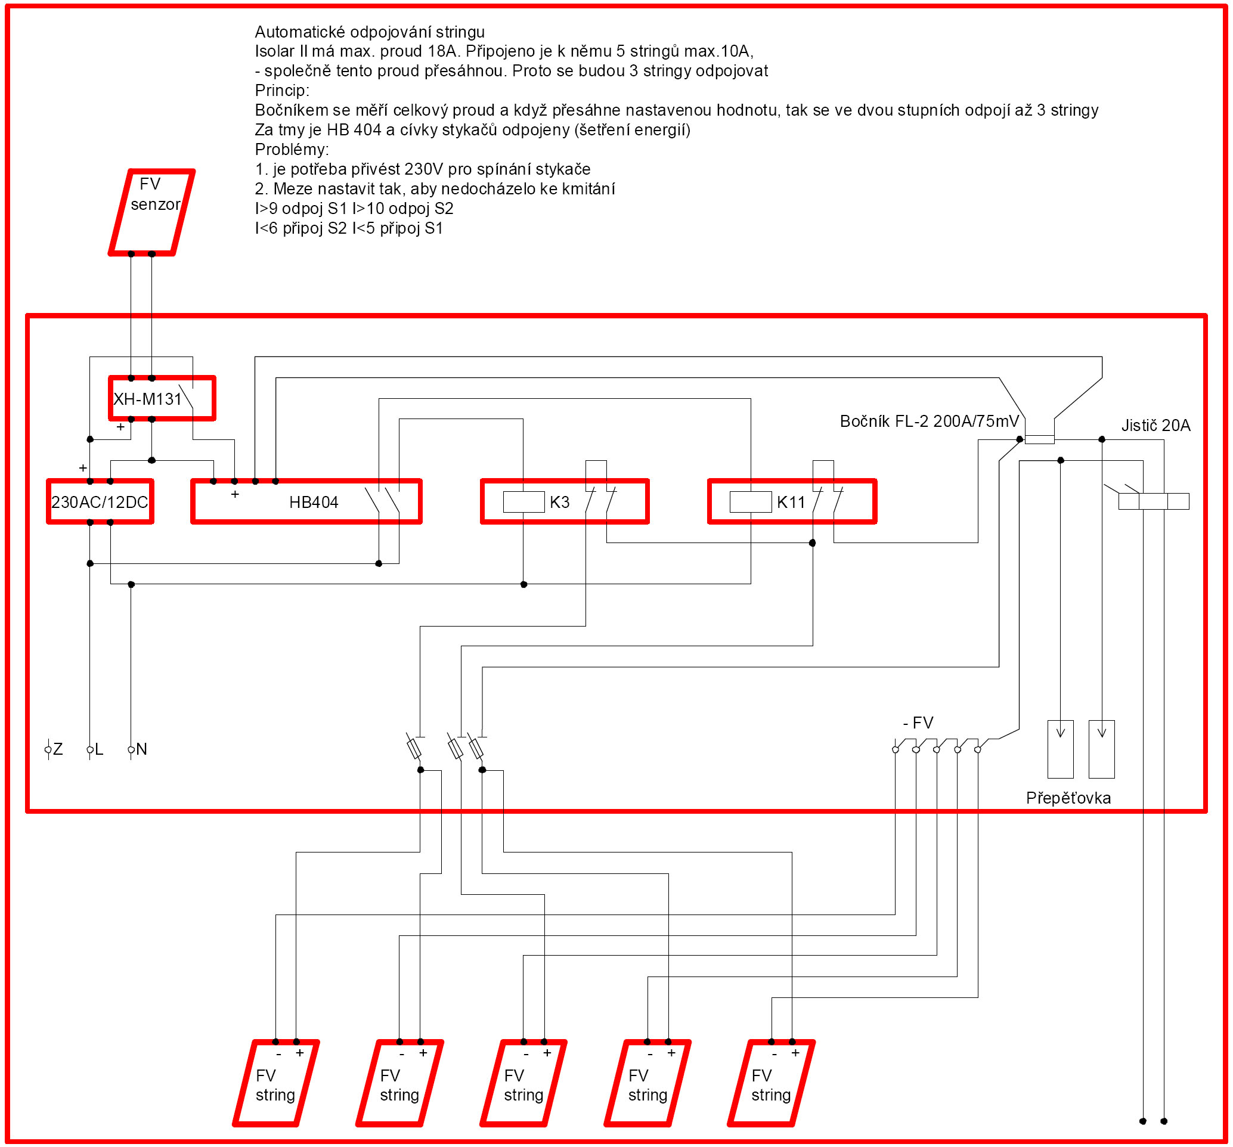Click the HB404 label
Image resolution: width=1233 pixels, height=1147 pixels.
coord(314,502)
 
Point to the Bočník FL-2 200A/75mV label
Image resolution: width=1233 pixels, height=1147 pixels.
coord(929,421)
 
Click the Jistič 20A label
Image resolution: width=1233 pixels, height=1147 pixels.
coord(1155,425)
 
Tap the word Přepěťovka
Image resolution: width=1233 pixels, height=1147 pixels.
coord(1068,797)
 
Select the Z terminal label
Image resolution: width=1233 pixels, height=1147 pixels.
coord(58,749)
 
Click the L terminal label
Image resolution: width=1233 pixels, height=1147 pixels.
coord(98,749)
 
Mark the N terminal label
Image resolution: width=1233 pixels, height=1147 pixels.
coord(141,749)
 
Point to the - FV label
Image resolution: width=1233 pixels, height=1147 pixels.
coord(918,723)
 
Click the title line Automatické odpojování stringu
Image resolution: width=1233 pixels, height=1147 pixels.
coord(370,32)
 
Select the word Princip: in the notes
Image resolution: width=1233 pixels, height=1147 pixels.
coord(282,91)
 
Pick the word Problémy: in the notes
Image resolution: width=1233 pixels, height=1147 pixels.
coord(292,150)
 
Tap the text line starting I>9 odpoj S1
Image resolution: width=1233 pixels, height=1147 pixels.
coord(354,208)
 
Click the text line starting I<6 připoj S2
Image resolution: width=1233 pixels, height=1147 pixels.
coord(349,228)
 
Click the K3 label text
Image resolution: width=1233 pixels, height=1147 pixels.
coord(559,502)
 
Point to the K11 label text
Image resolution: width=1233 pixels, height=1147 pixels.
coord(791,502)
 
